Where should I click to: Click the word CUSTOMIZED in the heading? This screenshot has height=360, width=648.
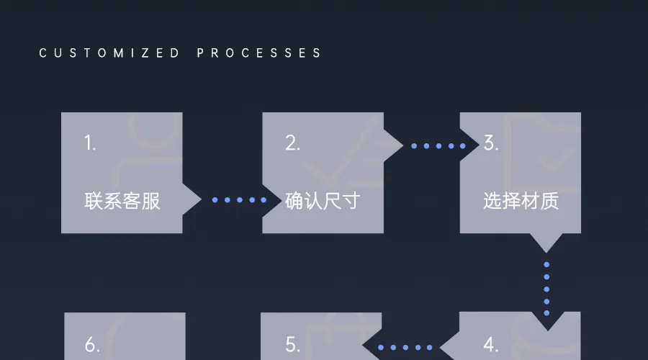pos(109,53)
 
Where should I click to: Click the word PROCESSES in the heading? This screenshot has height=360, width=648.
pos(259,53)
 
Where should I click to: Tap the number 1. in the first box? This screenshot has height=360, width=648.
pos(90,143)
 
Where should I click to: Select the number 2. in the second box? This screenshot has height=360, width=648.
pos(292,143)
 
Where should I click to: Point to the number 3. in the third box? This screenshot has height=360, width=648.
pos(491,143)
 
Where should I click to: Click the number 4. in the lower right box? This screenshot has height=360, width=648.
pos(491,346)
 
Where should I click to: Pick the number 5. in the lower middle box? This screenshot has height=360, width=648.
pos(292,346)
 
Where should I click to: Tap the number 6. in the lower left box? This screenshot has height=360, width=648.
pos(92,346)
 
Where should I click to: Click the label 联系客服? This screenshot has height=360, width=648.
pos(122,201)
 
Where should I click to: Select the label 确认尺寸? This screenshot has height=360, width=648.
pos(323,201)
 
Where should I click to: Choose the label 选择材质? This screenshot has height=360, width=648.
pos(521,201)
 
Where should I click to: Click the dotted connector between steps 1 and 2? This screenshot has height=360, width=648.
pos(240,199)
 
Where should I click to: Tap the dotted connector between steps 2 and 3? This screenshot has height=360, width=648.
pos(438,145)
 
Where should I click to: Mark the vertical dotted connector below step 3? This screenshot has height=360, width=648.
pos(546,289)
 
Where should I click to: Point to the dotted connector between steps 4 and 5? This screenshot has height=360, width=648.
pos(405,347)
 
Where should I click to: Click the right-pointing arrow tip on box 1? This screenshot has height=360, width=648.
pos(193,199)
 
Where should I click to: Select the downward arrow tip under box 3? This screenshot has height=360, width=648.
pos(546,243)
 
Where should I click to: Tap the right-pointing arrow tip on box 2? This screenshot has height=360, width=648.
pos(394,145)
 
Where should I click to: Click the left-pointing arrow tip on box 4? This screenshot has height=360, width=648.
pos(450,347)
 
